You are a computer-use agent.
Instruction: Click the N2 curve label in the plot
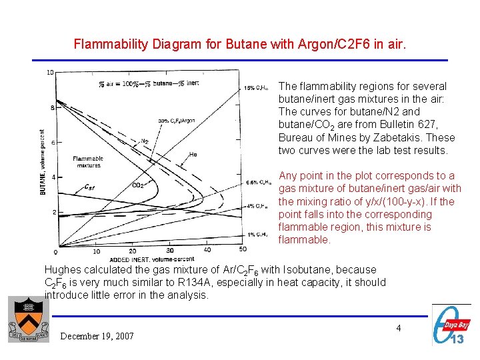[x=144, y=141]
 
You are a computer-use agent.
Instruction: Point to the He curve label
[x=193, y=154]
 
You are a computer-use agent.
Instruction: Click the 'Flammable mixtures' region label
[x=87, y=161]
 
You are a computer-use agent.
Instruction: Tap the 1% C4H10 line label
[x=256, y=234]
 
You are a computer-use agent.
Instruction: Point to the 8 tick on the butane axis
[x=52, y=107]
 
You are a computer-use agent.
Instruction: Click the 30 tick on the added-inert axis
[x=170, y=251]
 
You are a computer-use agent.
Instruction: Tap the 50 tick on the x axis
[x=242, y=249]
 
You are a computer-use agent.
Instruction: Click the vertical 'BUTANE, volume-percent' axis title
[x=43, y=161]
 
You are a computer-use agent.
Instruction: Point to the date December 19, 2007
[x=97, y=336]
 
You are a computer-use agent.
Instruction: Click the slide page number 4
[x=398, y=328]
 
